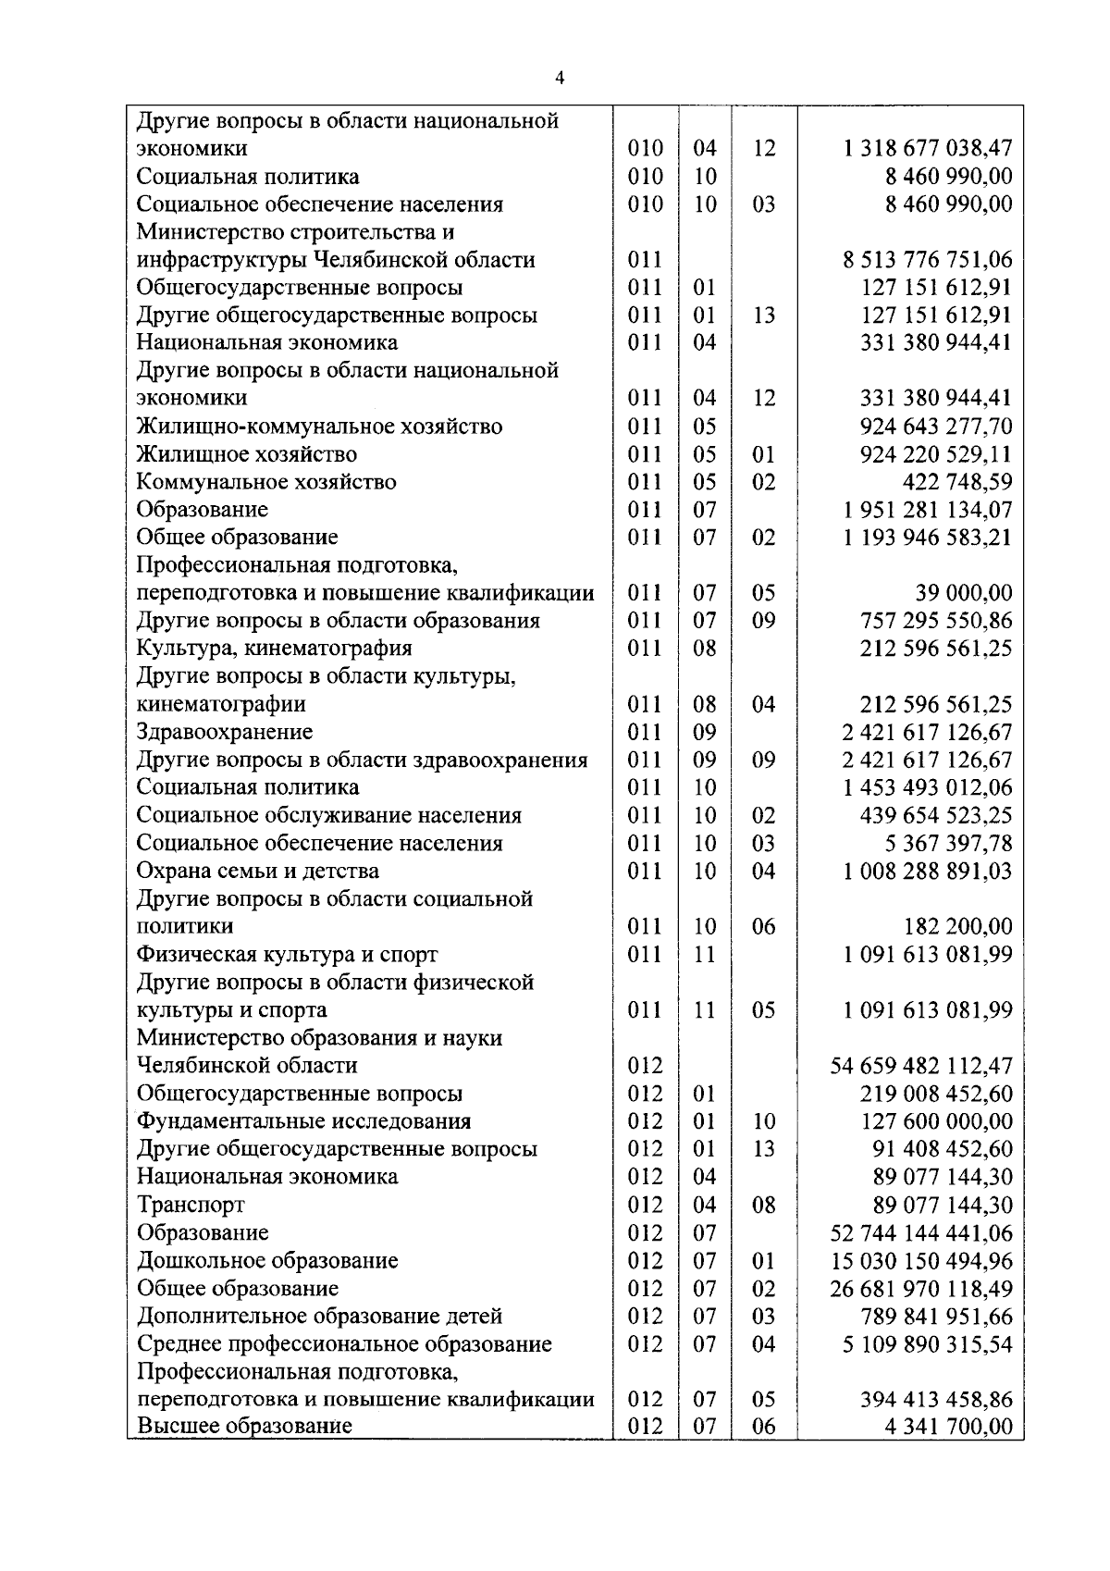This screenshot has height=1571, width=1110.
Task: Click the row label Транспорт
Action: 191,1205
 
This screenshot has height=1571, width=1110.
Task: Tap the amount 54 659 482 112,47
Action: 921,1066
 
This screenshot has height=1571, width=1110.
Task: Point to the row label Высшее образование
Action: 244,1426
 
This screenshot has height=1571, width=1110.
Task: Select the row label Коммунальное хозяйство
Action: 266,482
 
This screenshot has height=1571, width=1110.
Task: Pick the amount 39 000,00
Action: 963,593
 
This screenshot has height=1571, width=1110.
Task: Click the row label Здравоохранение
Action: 225,732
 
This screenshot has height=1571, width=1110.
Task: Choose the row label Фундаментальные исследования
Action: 303,1121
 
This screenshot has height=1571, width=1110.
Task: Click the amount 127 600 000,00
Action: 936,1121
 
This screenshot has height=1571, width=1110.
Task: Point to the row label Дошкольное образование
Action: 267,1260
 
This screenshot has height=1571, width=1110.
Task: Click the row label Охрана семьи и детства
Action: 257,871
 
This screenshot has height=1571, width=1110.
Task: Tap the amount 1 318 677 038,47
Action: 927,148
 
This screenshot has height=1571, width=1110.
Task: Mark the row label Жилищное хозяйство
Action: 246,454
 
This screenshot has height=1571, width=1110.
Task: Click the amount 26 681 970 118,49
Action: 921,1288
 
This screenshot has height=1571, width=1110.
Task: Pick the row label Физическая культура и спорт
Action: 287,954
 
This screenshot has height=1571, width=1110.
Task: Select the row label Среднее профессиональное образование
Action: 344,1343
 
